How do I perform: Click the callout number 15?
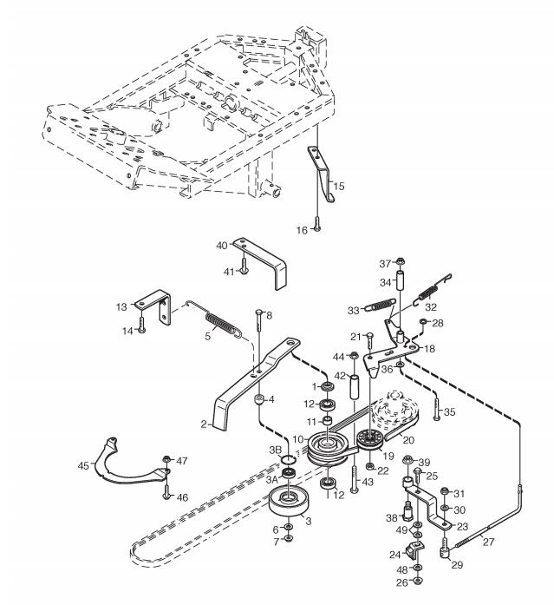pos(340,186)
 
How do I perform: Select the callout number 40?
pos(222,246)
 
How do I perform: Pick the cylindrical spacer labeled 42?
pos(355,387)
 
